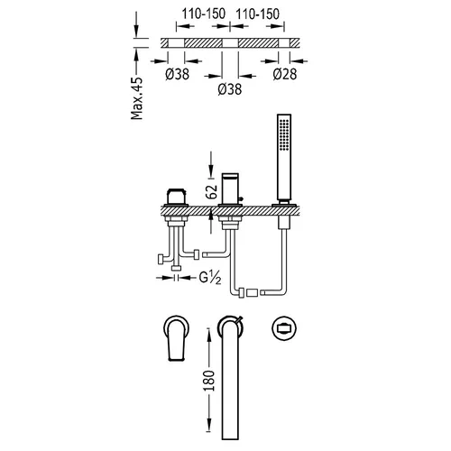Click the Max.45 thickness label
pyautogui.click(x=137, y=98)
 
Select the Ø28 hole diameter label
pyautogui.click(x=285, y=74)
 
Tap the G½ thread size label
pyautogui.click(x=210, y=278)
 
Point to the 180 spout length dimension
pyautogui.click(x=209, y=381)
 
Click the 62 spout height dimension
pyautogui.click(x=211, y=191)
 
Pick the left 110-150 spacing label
pyautogui.click(x=204, y=14)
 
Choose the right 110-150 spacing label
pyautogui.click(x=258, y=14)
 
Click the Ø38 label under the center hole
pyautogui.click(x=230, y=89)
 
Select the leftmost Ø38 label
pyautogui.click(x=177, y=74)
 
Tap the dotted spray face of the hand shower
pyautogui.click(x=284, y=134)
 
